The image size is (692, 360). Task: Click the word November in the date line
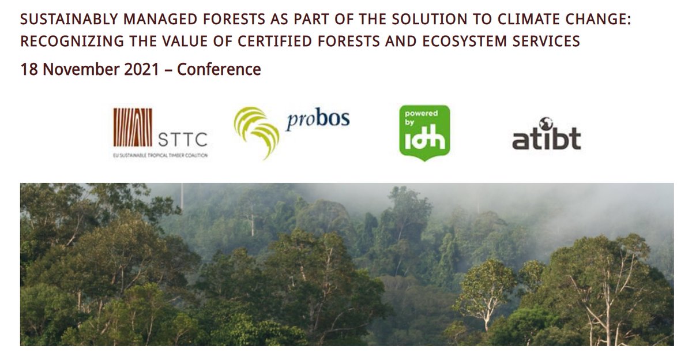[x=77, y=70]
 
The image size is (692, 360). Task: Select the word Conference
[x=219, y=70]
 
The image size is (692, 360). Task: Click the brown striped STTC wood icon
[x=133, y=127]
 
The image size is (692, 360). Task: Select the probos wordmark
[x=318, y=120]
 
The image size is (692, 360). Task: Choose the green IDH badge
[x=424, y=133]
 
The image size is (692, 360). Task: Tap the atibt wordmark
[x=546, y=139]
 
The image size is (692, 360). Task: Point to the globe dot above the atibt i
[x=546, y=123]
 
